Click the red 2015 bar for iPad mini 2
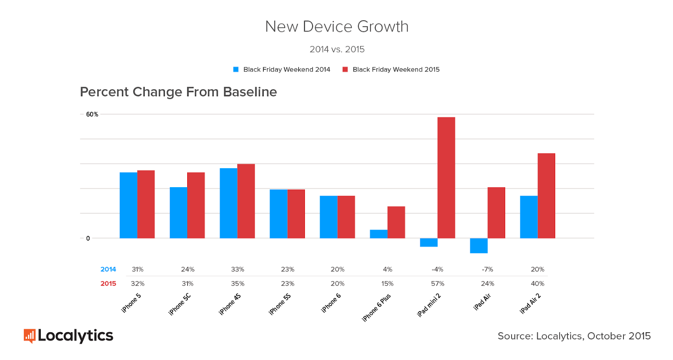446,177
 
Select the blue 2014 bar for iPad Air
479,246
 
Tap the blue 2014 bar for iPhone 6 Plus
379,234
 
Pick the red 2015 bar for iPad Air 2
546,196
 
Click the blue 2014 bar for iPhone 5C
178,212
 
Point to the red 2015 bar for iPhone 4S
246,201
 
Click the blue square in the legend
236,69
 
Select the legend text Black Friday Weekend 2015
396,69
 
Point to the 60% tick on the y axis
92,114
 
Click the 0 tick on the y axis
88,238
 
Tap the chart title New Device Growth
336,26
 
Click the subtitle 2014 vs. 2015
337,49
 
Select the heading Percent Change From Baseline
178,92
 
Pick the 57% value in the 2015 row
437,283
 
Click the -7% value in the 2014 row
488,269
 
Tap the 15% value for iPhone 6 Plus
387,283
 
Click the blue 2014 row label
108,269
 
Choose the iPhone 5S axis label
280,304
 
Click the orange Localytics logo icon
29,336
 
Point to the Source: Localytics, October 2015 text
574,336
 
